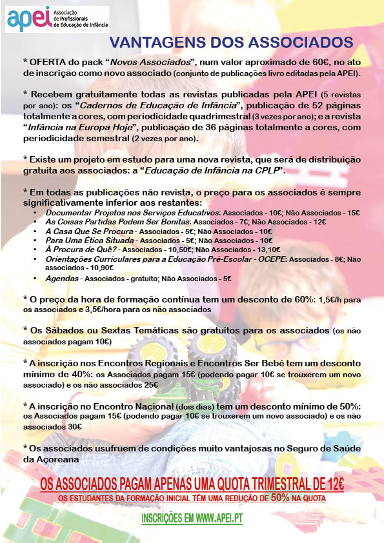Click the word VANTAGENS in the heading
pos(154,43)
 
